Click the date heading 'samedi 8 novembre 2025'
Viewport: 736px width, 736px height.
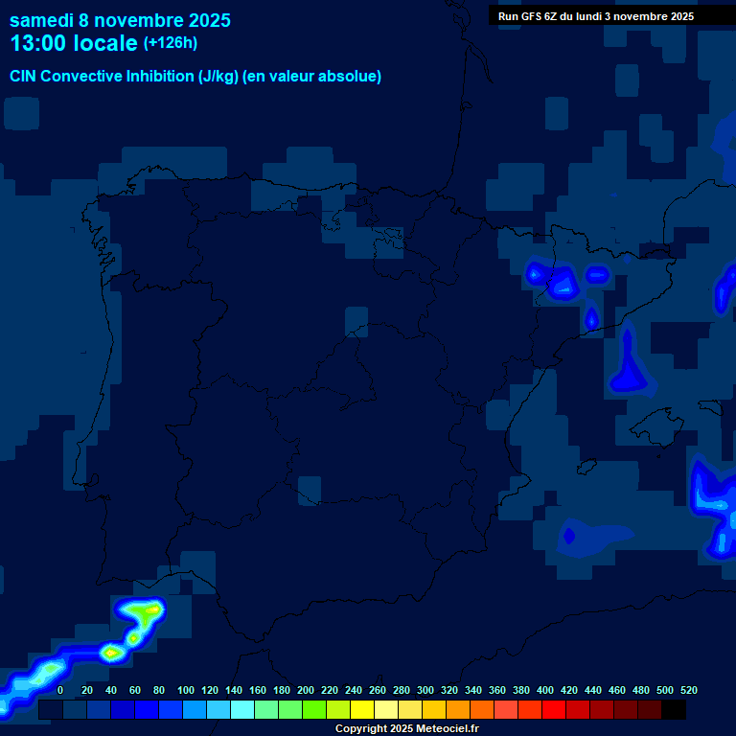(x=120, y=19)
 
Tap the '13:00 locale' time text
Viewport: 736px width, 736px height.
(x=74, y=43)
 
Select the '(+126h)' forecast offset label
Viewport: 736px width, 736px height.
(x=170, y=43)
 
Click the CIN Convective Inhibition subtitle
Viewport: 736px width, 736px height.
(x=195, y=77)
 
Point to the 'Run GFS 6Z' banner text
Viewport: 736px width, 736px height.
(x=596, y=16)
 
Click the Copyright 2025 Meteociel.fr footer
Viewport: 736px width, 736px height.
(x=406, y=729)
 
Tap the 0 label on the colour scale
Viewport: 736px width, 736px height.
(x=60, y=690)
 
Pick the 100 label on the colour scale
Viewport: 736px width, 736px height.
(x=186, y=690)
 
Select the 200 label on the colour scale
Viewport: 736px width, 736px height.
(x=306, y=690)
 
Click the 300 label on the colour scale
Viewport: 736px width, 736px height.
(x=425, y=690)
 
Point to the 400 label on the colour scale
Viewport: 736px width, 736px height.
(x=545, y=690)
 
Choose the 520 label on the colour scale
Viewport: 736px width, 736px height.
(x=688, y=690)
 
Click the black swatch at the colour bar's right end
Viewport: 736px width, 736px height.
(x=674, y=710)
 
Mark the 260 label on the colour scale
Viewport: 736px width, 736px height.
(x=378, y=690)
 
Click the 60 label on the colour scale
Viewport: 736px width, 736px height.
(x=135, y=690)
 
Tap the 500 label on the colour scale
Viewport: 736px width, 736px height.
(x=665, y=690)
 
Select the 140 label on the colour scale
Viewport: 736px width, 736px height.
(x=234, y=690)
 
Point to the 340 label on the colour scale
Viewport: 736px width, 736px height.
(x=473, y=690)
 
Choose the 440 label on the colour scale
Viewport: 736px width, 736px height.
(x=593, y=690)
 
